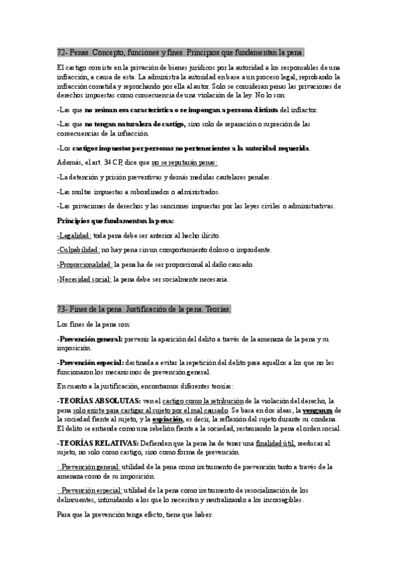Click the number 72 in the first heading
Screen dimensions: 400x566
point(61,52)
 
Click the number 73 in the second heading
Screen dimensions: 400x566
point(61,310)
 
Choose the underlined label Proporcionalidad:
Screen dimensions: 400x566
point(84,264)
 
